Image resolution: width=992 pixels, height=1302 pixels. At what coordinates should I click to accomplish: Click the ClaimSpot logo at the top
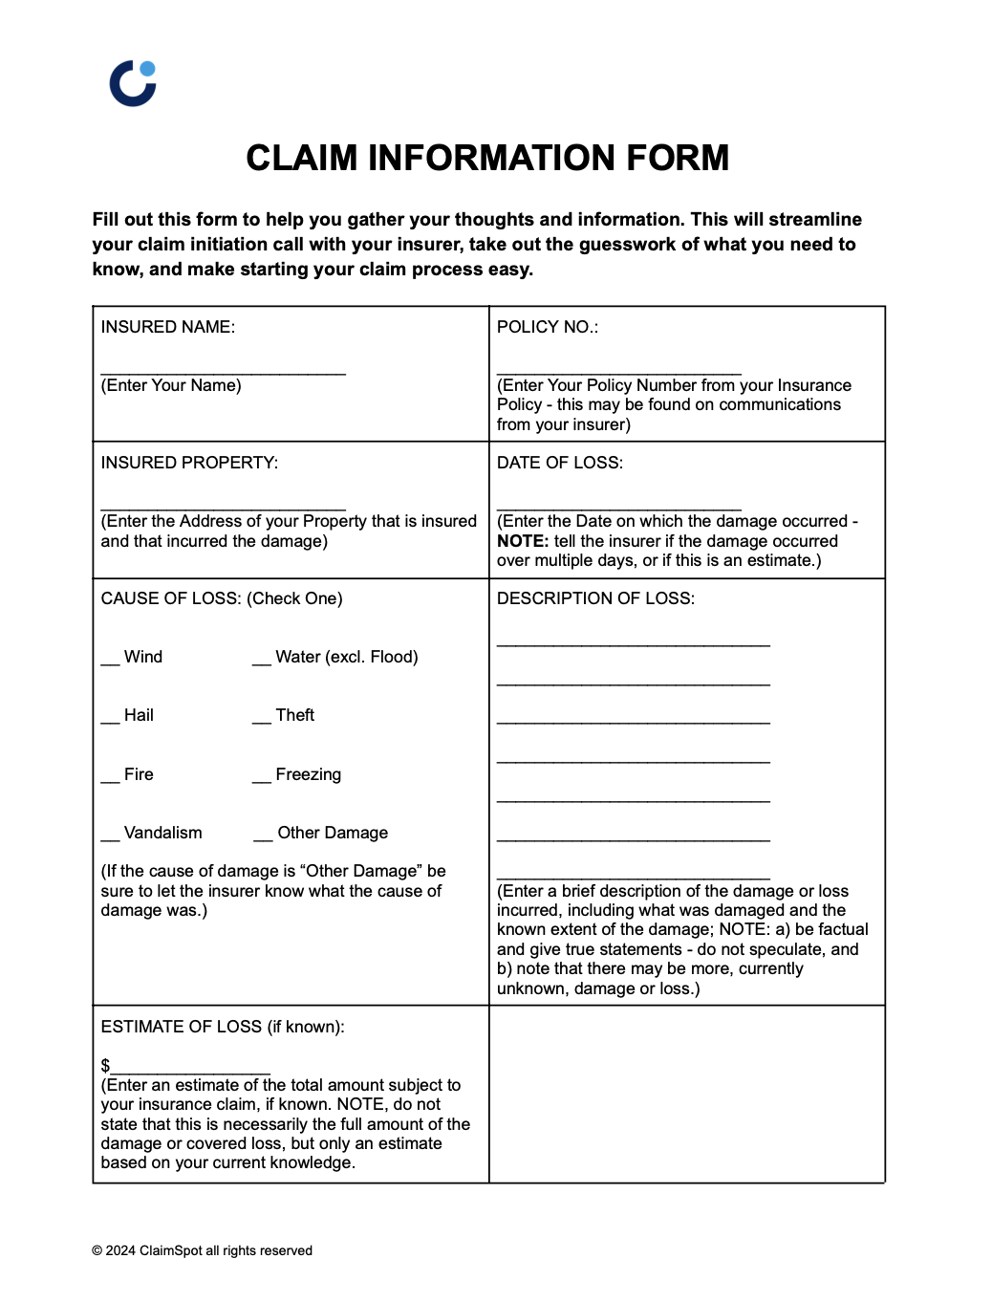click(x=133, y=83)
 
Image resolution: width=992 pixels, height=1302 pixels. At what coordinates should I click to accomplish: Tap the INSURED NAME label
click(x=167, y=327)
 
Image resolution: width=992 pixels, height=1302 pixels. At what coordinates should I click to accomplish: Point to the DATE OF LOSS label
click(x=559, y=463)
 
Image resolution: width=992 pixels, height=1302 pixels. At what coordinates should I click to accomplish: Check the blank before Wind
click(x=110, y=662)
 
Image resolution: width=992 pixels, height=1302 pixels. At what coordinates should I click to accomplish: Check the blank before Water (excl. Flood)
click(x=262, y=662)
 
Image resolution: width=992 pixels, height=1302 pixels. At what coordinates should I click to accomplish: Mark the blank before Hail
click(x=110, y=720)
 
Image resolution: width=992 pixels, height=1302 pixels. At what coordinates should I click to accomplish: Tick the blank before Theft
click(x=262, y=720)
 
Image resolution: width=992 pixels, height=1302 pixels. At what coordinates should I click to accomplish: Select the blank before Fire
click(x=110, y=779)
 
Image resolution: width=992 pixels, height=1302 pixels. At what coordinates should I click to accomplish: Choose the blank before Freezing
click(x=262, y=779)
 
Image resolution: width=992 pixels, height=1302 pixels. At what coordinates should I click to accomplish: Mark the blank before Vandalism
click(x=110, y=837)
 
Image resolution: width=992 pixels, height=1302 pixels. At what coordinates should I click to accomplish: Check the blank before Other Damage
click(x=263, y=837)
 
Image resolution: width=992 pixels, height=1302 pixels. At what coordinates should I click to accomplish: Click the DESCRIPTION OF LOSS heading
click(x=595, y=598)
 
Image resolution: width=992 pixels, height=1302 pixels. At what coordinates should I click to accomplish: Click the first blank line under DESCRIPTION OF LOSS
click(x=633, y=645)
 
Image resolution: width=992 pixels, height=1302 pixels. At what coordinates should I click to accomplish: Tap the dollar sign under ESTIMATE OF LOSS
click(x=105, y=1065)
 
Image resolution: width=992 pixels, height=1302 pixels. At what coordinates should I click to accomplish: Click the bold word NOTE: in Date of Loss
click(x=522, y=541)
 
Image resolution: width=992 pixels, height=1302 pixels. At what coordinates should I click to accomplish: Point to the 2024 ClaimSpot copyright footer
click(x=202, y=1250)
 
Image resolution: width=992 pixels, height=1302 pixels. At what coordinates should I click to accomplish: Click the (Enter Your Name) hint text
click(x=171, y=385)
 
